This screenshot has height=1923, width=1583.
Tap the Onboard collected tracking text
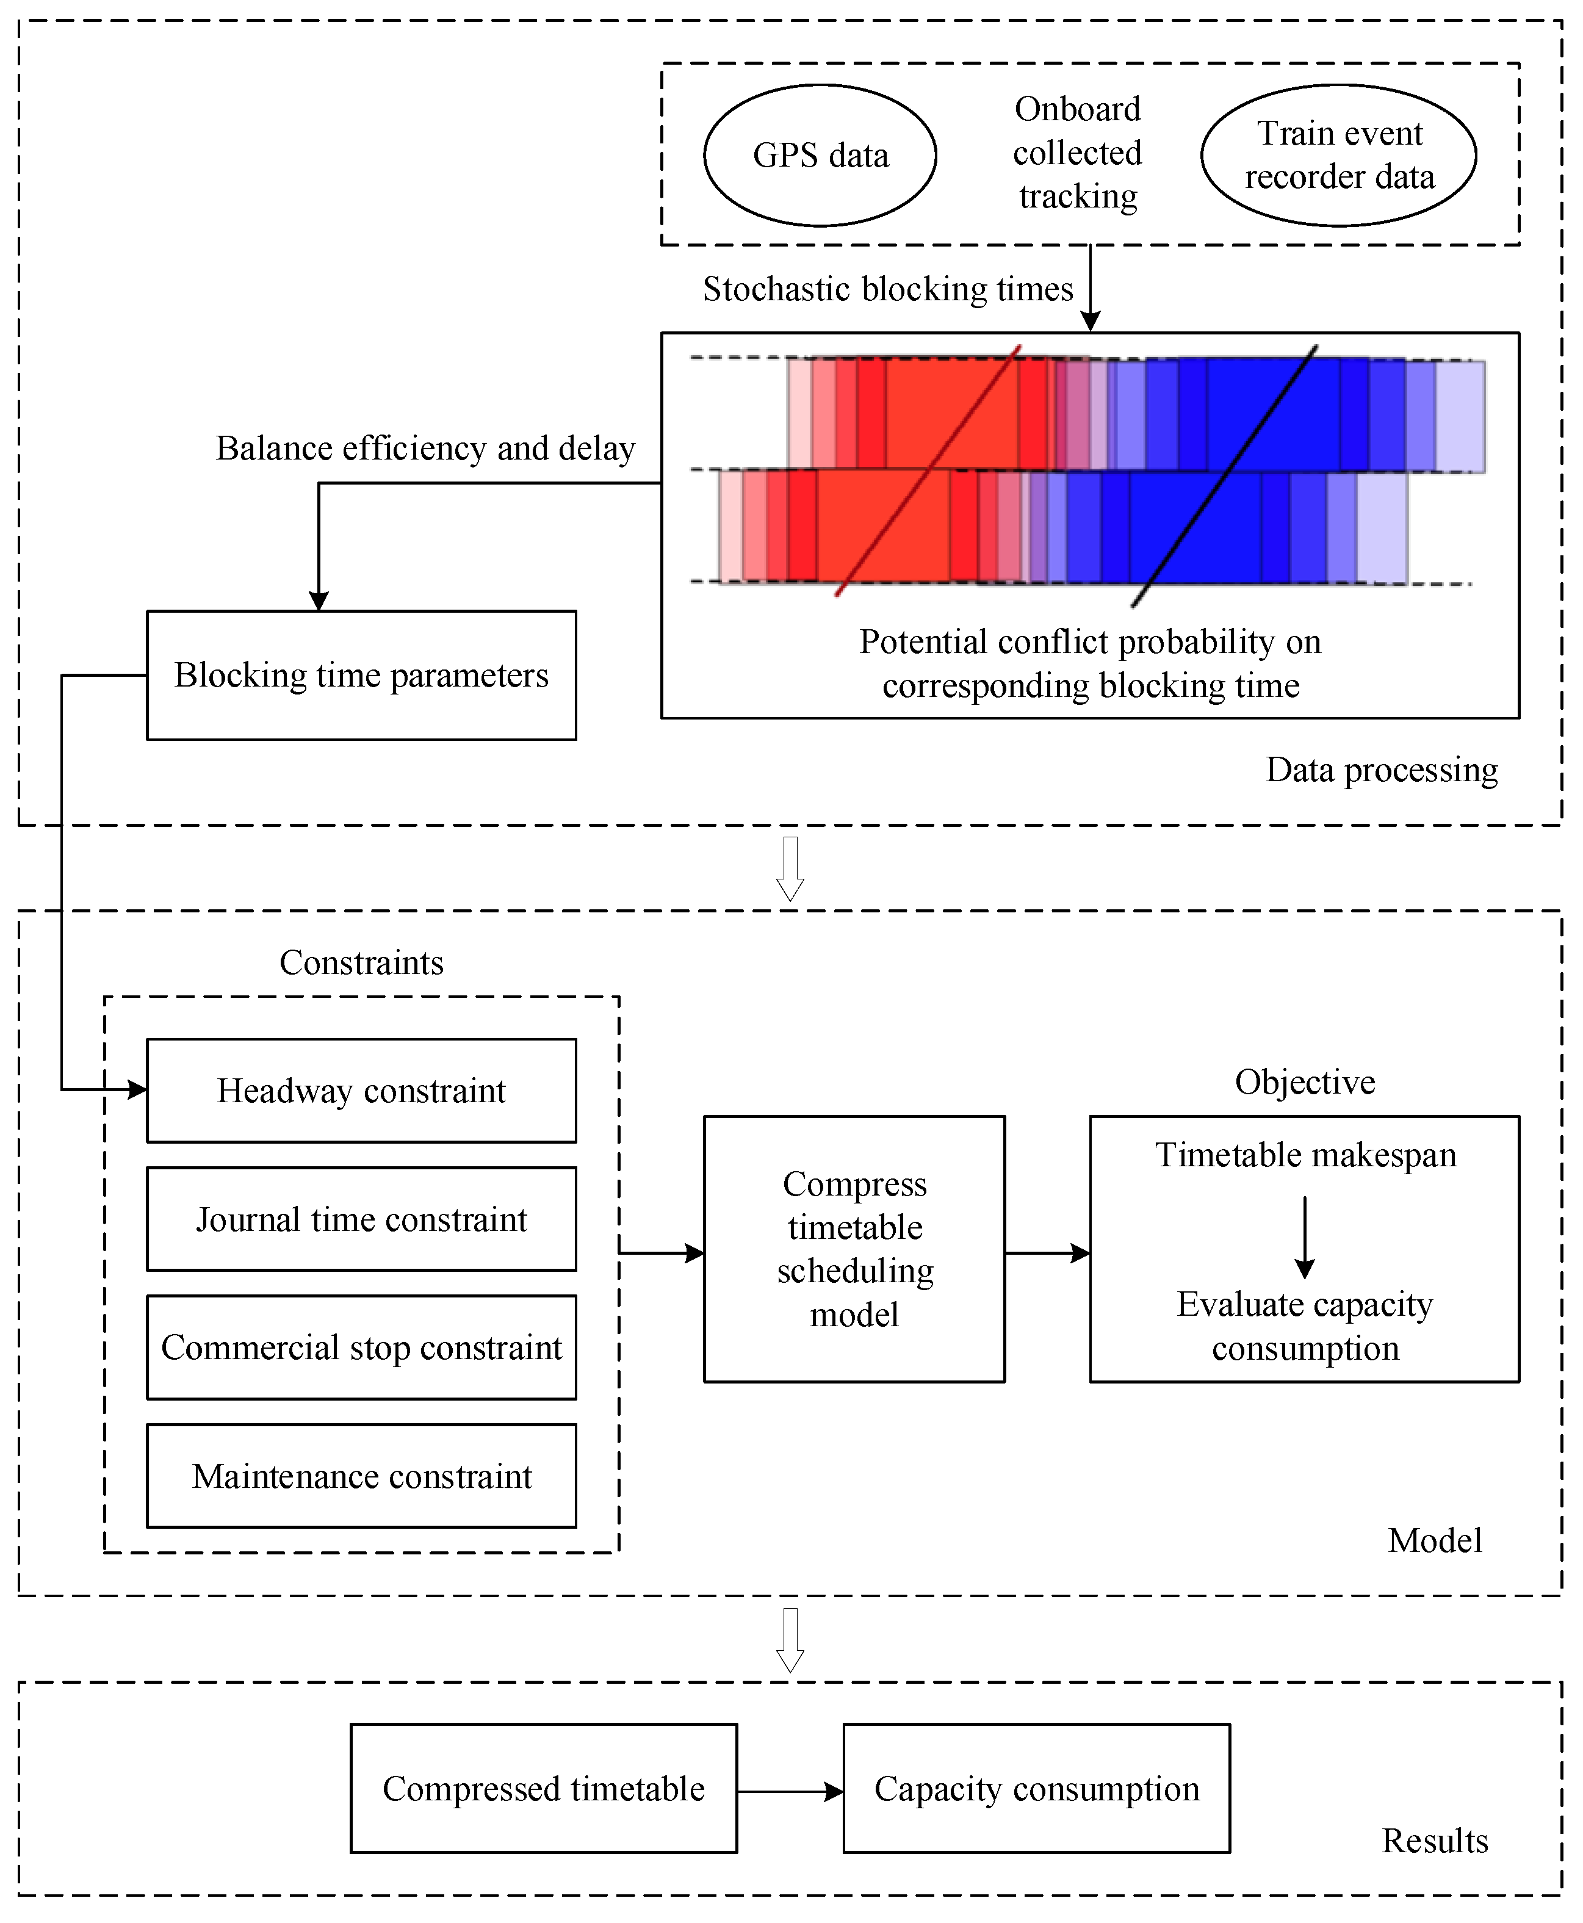tap(1078, 153)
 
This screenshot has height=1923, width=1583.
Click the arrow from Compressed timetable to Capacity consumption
tap(790, 1792)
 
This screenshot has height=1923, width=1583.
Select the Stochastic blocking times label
tap(888, 289)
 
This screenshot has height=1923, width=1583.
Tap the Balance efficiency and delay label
tap(425, 449)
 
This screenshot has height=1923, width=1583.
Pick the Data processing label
tap(1382, 770)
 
